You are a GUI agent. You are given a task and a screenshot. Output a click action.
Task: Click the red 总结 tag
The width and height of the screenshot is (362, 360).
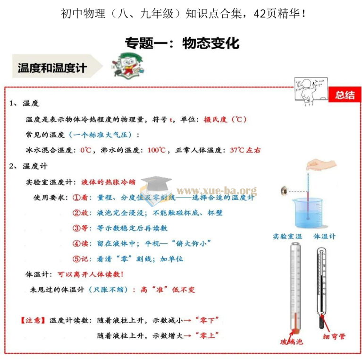[x=345, y=94]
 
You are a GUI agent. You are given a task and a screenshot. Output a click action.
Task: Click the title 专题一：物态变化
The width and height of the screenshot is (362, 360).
[x=182, y=43]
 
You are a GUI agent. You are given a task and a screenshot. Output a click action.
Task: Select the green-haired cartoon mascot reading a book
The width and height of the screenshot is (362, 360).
[x=128, y=66]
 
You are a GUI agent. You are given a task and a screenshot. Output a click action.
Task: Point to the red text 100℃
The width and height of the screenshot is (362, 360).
[x=157, y=150]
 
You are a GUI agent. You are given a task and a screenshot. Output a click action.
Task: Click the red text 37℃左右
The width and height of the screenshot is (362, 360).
[x=245, y=150]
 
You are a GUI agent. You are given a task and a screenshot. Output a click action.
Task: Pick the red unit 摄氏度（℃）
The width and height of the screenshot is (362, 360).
[x=225, y=120]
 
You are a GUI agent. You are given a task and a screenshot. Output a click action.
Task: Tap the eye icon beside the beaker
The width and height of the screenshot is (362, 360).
[x=284, y=190]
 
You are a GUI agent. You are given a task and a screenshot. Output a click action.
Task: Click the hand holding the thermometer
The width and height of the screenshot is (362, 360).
[x=321, y=164]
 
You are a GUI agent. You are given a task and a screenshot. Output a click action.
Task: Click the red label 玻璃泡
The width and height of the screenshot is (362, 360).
[x=291, y=342]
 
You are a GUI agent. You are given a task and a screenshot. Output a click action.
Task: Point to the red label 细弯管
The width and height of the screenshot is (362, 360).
[x=334, y=336]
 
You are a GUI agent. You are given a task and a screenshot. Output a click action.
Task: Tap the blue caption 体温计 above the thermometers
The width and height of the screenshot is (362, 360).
[x=324, y=236]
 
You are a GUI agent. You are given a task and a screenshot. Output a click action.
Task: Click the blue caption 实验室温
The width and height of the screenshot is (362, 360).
[x=287, y=236]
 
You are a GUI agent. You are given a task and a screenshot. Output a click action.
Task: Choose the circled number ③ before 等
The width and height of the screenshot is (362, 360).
[x=76, y=228]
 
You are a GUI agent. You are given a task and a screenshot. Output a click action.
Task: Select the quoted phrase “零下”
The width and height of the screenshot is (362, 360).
[x=207, y=320]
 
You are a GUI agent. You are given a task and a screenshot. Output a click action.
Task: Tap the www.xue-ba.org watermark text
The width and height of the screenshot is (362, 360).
[x=217, y=191]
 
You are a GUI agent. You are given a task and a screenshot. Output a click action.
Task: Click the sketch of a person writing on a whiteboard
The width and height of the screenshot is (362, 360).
[x=311, y=92]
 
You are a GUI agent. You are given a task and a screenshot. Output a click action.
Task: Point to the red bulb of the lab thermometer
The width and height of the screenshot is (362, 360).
[x=295, y=331]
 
